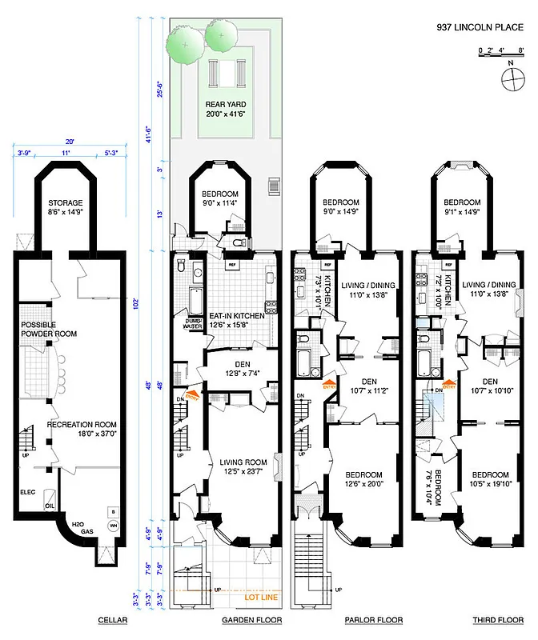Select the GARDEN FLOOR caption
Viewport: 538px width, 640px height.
click(248, 620)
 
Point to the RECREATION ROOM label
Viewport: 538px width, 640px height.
click(82, 425)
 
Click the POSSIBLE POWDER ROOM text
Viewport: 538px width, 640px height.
click(49, 329)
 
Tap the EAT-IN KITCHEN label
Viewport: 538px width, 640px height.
click(237, 317)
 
